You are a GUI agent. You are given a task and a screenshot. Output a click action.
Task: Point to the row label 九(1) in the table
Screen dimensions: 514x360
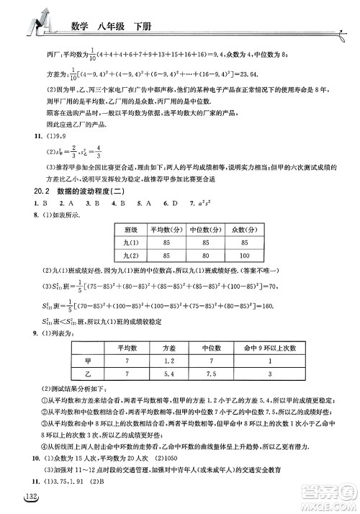click(x=130, y=242)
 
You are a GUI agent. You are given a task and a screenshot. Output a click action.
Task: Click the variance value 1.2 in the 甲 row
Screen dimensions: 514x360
click(x=169, y=361)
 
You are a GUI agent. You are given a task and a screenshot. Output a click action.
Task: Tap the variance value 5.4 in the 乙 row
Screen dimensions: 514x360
click(x=169, y=374)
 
